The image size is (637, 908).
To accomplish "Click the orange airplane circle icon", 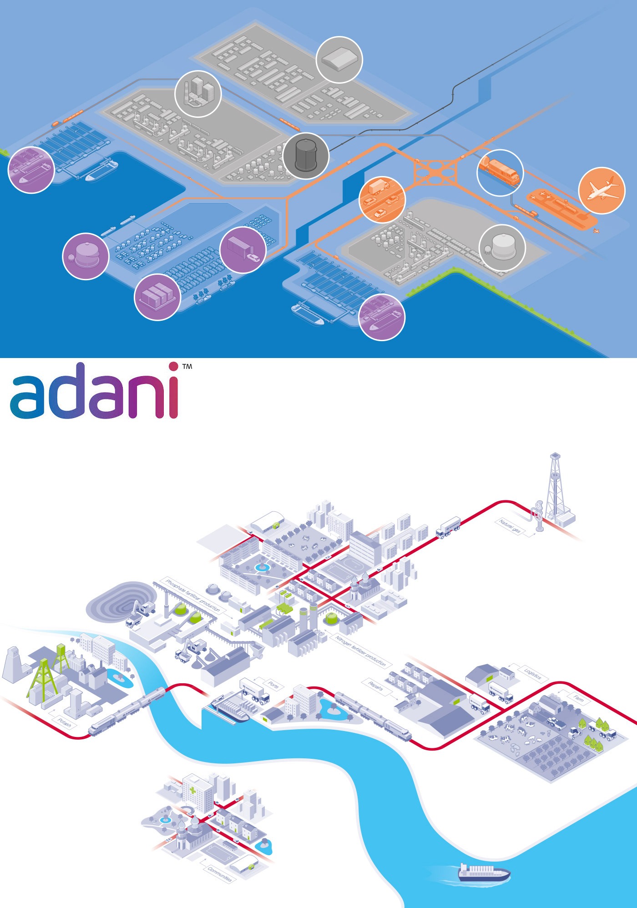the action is click(x=602, y=191).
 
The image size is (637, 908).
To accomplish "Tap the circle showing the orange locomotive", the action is click(x=500, y=173).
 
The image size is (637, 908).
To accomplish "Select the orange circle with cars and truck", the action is click(x=382, y=199).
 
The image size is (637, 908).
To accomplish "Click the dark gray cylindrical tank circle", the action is click(x=306, y=156).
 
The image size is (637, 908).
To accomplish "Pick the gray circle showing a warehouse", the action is click(x=339, y=60).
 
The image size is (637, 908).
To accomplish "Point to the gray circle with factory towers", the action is click(x=198, y=94).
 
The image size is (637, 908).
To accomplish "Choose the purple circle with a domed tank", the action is click(x=86, y=256).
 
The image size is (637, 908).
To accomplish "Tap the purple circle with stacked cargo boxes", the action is click(x=157, y=297).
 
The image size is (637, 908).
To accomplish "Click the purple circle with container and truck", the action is click(x=243, y=250).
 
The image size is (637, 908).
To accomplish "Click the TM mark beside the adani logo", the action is click(x=187, y=366).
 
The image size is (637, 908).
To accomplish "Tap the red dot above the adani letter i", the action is click(x=173, y=367).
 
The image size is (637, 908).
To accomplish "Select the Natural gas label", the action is click(x=510, y=526).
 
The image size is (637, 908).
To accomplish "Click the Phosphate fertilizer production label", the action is click(x=193, y=595).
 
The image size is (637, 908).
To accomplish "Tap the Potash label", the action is click(x=64, y=722).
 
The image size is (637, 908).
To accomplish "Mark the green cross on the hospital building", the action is click(x=193, y=790).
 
